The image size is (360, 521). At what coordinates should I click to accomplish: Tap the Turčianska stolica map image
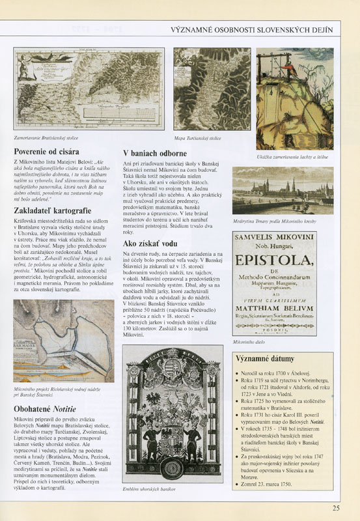click(212, 89)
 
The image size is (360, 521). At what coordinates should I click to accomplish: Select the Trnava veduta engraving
click(283, 190)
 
